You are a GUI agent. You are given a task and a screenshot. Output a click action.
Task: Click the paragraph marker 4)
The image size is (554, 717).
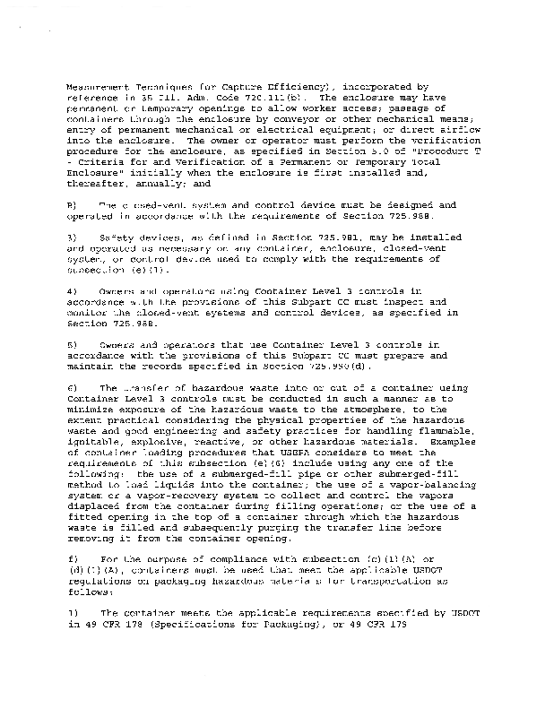[x=72, y=291]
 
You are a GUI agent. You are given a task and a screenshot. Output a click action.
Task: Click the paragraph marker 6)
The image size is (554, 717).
[x=72, y=387]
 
